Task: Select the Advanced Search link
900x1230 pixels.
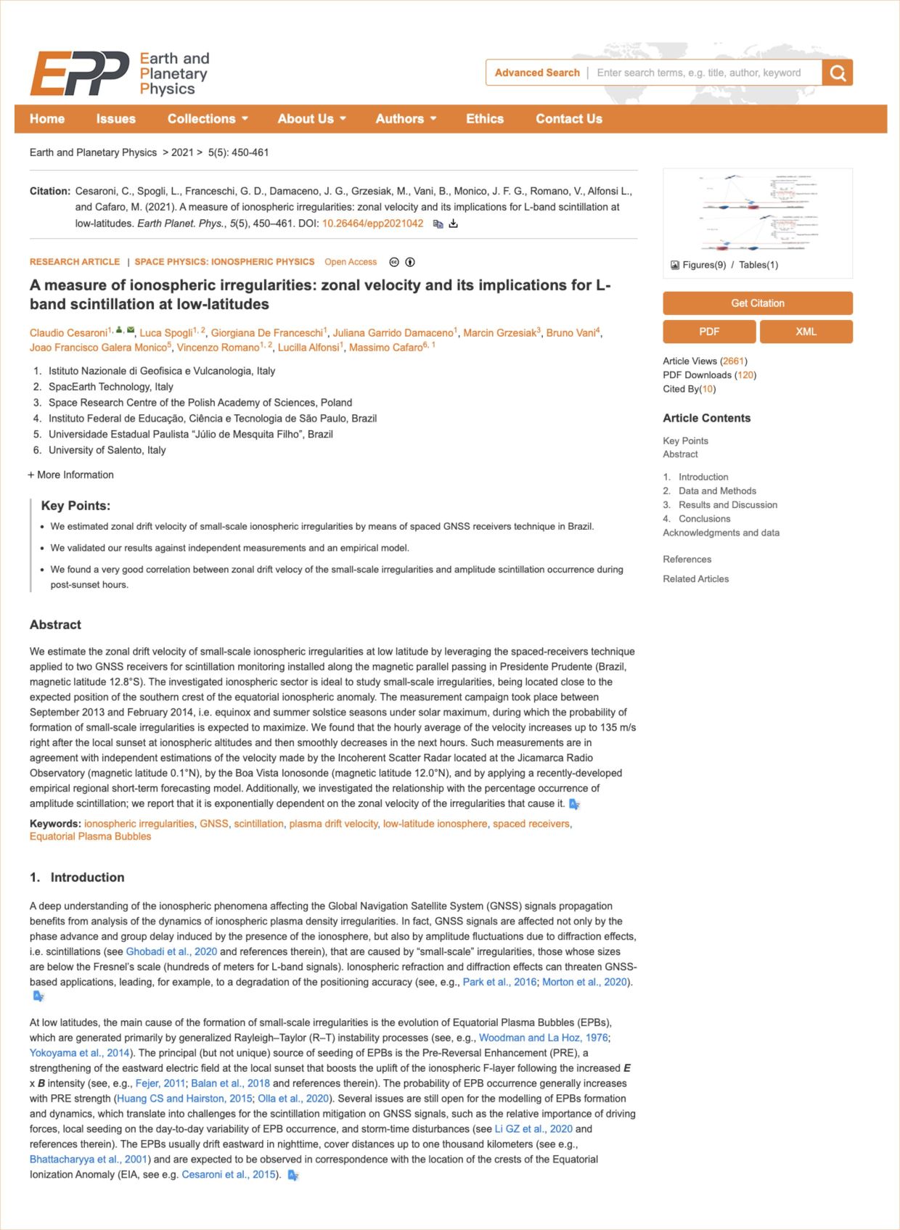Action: [537, 73]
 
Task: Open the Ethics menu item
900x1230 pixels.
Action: [484, 119]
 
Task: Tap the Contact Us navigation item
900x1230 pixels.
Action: [568, 119]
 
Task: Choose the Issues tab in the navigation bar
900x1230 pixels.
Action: [115, 119]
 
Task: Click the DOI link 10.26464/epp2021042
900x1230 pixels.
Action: [372, 224]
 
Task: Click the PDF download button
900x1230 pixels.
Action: [709, 332]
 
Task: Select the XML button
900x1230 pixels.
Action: [806, 332]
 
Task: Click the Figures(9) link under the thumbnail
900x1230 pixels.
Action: [703, 265]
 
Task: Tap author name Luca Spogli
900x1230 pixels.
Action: [165, 333]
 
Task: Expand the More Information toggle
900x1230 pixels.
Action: [71, 475]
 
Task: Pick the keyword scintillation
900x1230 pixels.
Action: [258, 824]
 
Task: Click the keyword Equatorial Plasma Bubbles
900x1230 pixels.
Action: [91, 837]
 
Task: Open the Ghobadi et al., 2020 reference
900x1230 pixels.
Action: [171, 951]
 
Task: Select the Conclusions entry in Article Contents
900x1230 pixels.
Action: [704, 519]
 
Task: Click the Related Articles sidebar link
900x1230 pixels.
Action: [695, 579]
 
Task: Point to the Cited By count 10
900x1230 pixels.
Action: [708, 389]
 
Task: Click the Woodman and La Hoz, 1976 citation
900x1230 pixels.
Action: [544, 1038]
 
